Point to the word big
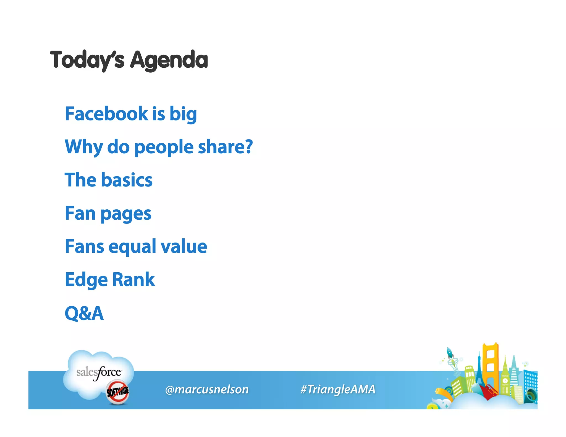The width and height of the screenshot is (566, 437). [183, 114]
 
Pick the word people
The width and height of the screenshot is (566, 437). [164, 147]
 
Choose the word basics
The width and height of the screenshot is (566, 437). [127, 180]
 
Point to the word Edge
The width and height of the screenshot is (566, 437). [86, 280]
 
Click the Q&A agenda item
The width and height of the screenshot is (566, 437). [84, 313]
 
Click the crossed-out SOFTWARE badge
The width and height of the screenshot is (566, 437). [117, 392]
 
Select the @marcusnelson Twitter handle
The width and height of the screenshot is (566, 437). [207, 389]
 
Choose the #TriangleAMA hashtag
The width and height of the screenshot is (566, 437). [338, 389]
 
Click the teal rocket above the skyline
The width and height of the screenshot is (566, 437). [450, 353]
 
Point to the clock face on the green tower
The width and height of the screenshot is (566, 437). [505, 381]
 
